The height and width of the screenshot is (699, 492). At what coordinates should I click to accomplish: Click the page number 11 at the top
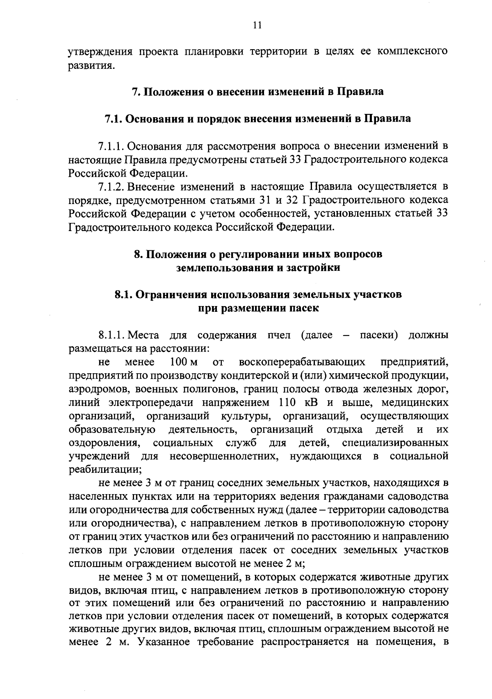coord(257,25)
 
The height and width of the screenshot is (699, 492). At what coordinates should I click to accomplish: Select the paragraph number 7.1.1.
coord(111,146)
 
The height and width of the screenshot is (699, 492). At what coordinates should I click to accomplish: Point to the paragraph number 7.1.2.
coord(111,187)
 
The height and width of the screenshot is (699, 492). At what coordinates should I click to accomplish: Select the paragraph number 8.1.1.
coord(111,336)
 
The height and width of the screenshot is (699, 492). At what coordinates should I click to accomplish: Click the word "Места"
coord(144,336)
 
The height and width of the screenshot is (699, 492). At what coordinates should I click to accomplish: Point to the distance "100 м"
coord(184,362)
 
